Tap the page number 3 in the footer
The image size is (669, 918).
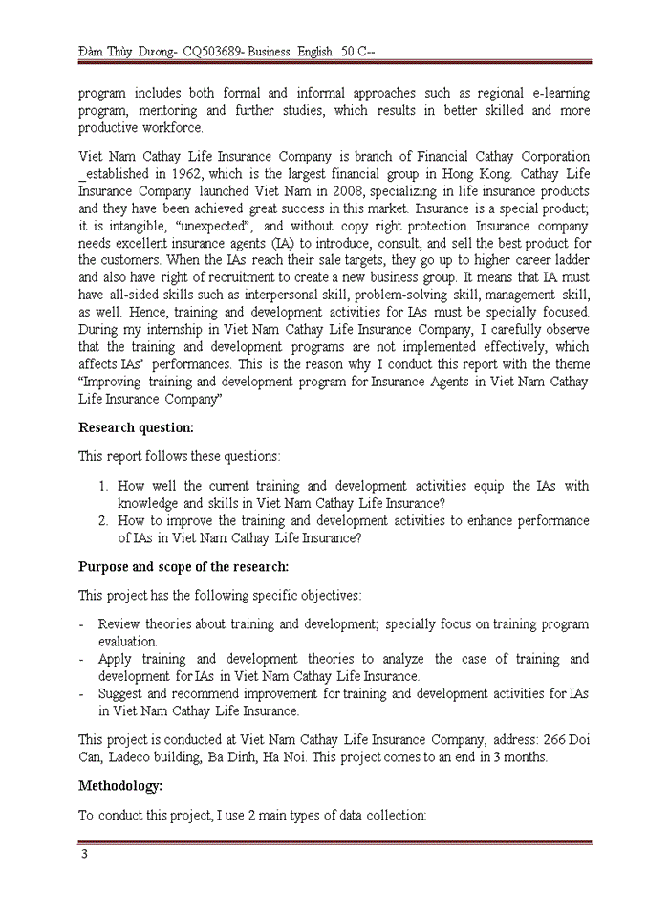tap(84, 854)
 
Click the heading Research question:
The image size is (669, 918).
tap(136, 427)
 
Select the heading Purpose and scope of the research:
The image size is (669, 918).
tap(183, 566)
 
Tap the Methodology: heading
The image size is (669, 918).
tap(120, 786)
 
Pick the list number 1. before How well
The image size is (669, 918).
tap(105, 486)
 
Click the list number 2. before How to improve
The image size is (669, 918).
tap(105, 521)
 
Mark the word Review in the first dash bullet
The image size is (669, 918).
tap(119, 624)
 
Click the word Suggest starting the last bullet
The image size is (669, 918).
tap(121, 693)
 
